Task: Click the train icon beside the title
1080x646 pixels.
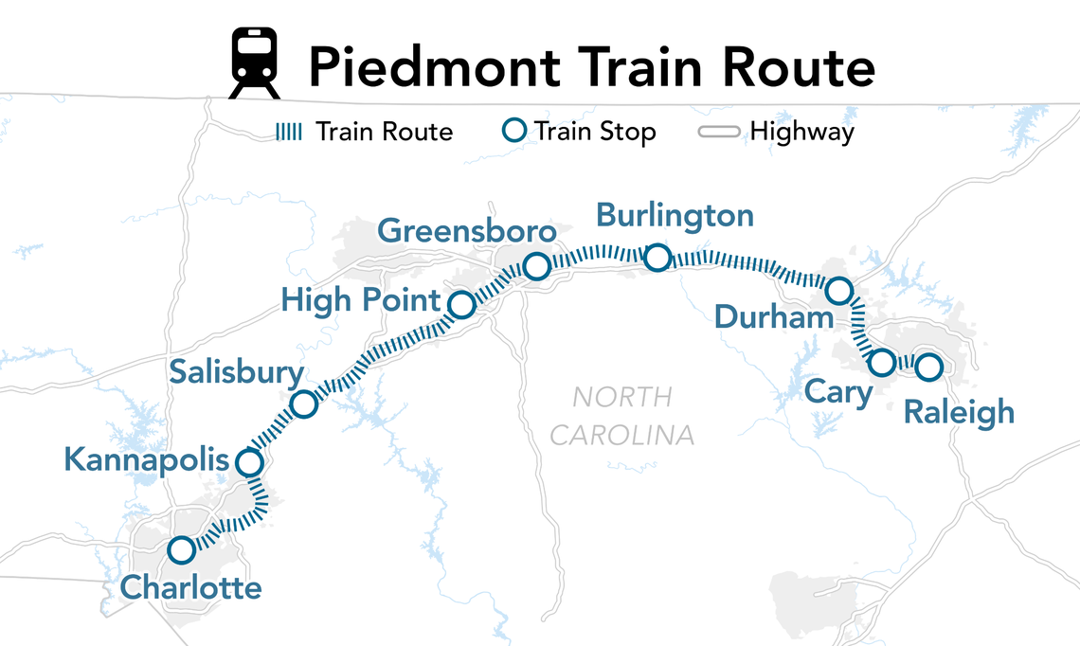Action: (x=255, y=63)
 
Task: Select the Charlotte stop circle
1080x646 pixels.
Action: (x=181, y=549)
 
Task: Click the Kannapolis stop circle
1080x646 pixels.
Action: (x=249, y=463)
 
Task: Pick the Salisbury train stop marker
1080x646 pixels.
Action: (x=303, y=404)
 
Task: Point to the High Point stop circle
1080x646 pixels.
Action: (x=461, y=305)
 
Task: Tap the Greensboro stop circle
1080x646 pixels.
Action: (x=536, y=267)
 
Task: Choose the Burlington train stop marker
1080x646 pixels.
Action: (x=657, y=257)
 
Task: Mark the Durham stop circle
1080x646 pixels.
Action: (x=839, y=290)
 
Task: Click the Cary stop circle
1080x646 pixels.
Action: (x=881, y=362)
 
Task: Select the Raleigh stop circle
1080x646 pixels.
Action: (x=928, y=366)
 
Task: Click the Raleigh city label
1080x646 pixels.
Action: (x=959, y=413)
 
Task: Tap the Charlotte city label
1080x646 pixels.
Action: (x=190, y=588)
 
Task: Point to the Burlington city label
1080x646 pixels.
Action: (x=675, y=216)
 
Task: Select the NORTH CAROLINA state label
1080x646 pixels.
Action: (x=622, y=416)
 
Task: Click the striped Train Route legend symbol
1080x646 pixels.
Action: (x=288, y=132)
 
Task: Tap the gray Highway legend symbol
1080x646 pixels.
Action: (x=719, y=132)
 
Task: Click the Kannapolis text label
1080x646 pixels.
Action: (x=147, y=460)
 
